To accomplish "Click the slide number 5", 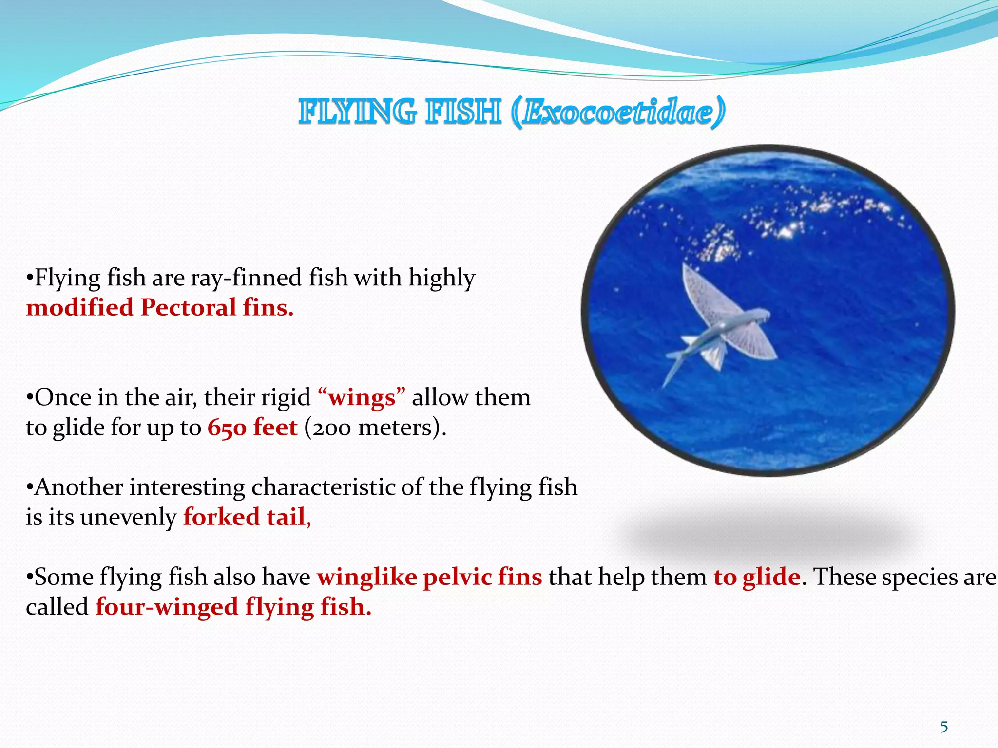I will pyautogui.click(x=944, y=727).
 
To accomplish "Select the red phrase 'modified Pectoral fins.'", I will pyautogui.click(x=160, y=308).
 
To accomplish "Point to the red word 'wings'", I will pyautogui.click(x=362, y=398).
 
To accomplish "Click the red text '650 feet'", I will pyautogui.click(x=252, y=428).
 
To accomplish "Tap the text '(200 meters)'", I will pyautogui.click(x=375, y=428).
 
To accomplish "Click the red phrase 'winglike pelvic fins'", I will pyautogui.click(x=429, y=577).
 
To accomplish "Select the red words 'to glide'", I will pyautogui.click(x=757, y=577).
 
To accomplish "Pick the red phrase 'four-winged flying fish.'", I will pyautogui.click(x=233, y=607).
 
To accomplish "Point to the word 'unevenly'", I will pyautogui.click(x=128, y=517).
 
